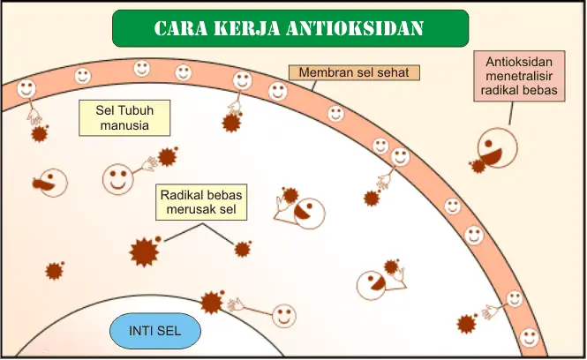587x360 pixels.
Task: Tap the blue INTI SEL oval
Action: point(155,332)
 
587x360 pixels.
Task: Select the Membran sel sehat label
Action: point(354,72)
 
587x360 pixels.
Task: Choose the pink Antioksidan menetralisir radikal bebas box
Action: point(521,77)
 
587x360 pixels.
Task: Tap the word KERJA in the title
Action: point(245,28)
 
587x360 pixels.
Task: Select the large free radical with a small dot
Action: point(143,251)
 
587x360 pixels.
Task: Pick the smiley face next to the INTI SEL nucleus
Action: point(284,315)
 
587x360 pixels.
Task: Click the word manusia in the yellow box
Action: point(124,125)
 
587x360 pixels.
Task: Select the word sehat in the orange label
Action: point(393,72)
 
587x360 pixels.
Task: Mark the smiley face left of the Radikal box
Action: point(117,179)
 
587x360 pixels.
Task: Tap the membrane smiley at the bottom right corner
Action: point(529,337)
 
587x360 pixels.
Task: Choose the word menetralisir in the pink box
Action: point(521,77)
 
